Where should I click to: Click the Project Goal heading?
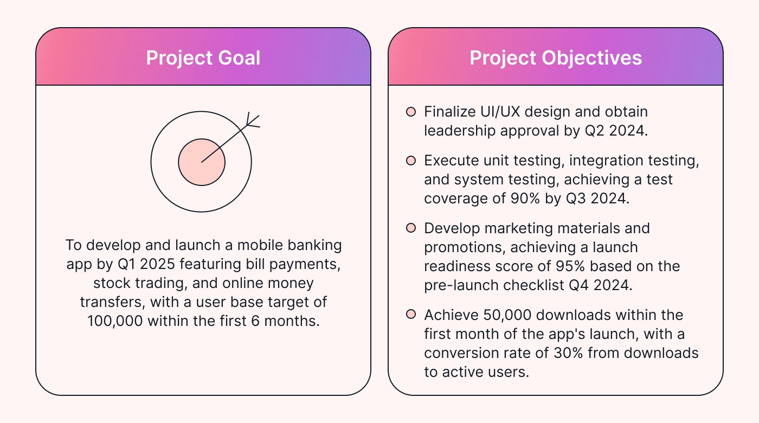click(203, 57)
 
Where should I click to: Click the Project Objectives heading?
click(556, 57)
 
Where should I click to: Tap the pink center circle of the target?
click(202, 162)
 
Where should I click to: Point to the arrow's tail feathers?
click(251, 120)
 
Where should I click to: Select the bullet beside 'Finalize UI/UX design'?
click(411, 112)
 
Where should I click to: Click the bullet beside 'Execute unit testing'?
click(411, 161)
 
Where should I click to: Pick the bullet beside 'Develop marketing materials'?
click(411, 228)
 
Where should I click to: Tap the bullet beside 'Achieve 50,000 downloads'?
click(411, 315)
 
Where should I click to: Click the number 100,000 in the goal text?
click(115, 321)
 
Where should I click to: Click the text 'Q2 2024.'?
click(618, 131)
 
